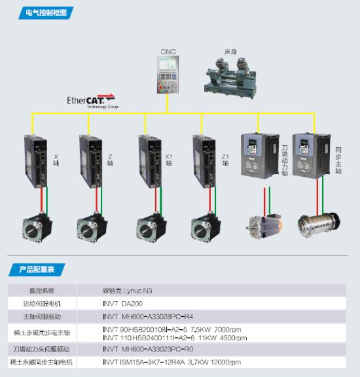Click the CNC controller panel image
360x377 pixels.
click(168, 75)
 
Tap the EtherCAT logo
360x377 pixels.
click(92, 101)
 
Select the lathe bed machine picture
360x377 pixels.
click(230, 77)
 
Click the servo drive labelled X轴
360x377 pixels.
click(35, 161)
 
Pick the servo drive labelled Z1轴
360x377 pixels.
click(204, 161)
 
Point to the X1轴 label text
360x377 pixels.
click(169, 160)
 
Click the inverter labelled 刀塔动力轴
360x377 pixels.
click(260, 156)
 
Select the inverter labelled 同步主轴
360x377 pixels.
click(312, 156)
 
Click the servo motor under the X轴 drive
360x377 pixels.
click(37, 228)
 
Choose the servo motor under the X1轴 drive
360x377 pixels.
click(151, 228)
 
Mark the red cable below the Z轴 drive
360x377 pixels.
click(96, 200)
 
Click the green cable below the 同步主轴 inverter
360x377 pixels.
click(323, 195)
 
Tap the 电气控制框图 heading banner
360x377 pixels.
click(46, 12)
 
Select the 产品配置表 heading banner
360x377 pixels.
click(37, 270)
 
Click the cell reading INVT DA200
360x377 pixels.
click(122, 304)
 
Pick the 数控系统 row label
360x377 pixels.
click(42, 291)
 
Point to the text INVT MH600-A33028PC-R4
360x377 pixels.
click(148, 316)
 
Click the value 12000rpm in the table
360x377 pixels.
click(225, 362)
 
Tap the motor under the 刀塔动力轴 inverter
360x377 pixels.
click(264, 226)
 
